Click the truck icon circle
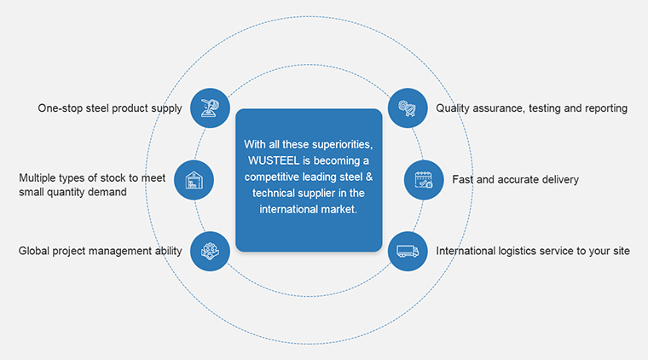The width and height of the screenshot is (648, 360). pyautogui.click(x=408, y=252)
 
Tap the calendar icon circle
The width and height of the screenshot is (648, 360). pyautogui.click(x=424, y=180)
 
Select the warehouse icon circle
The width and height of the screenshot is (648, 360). pyautogui.click(x=194, y=180)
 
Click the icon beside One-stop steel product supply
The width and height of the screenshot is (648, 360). pyautogui.click(x=210, y=107)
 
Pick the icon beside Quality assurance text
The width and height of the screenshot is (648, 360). pyautogui.click(x=408, y=107)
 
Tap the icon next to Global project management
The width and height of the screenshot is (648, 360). pyautogui.click(x=210, y=252)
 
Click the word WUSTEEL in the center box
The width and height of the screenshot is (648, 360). pyautogui.click(x=273, y=160)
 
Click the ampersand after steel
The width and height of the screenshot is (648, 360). pyautogui.click(x=369, y=177)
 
